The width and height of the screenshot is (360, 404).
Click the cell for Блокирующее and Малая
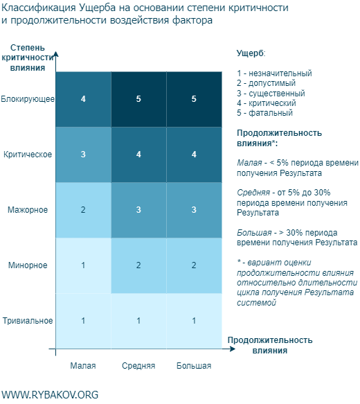pos(83,99)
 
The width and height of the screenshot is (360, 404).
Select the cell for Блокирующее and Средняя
pos(138,99)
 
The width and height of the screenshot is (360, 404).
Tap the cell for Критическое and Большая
pos(194,155)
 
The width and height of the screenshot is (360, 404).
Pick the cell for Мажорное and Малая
pos(83,210)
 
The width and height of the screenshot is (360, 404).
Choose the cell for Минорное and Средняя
pos(138,265)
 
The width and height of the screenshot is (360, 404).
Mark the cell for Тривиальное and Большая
pos(194,321)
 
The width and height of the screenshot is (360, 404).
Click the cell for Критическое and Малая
pos(83,155)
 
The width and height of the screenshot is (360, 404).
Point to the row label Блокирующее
pos(28,99)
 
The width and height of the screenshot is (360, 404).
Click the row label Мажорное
pos(28,210)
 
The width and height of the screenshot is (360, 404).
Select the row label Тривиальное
pos(28,321)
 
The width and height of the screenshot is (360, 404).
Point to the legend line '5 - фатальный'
pos(264,112)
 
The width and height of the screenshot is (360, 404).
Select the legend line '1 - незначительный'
pos(274,73)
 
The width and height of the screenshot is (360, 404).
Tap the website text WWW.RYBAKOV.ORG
pos(50,394)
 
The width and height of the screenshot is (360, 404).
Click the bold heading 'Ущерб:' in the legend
pos(251,53)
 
